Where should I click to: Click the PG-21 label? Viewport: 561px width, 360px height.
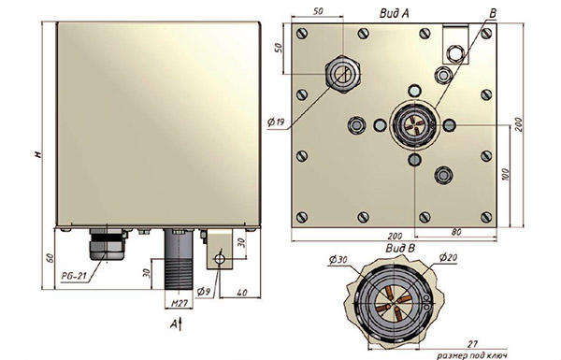pyautogui.click(x=74, y=276)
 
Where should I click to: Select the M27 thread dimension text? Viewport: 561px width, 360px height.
pyautogui.click(x=180, y=304)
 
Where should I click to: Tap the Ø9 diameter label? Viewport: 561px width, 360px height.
pyautogui.click(x=203, y=292)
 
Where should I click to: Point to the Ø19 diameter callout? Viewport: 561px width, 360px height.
pyautogui.click(x=276, y=122)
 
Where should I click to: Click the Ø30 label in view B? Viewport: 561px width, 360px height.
pyautogui.click(x=338, y=260)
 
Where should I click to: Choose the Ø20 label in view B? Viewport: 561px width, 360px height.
pyautogui.click(x=448, y=257)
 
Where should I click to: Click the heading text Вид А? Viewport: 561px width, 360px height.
pyautogui.click(x=394, y=14)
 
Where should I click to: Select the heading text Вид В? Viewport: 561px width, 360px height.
pyautogui.click(x=400, y=248)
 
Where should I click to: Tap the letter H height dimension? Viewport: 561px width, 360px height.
pyautogui.click(x=38, y=154)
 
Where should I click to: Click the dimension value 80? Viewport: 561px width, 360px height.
pyautogui.click(x=456, y=232)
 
